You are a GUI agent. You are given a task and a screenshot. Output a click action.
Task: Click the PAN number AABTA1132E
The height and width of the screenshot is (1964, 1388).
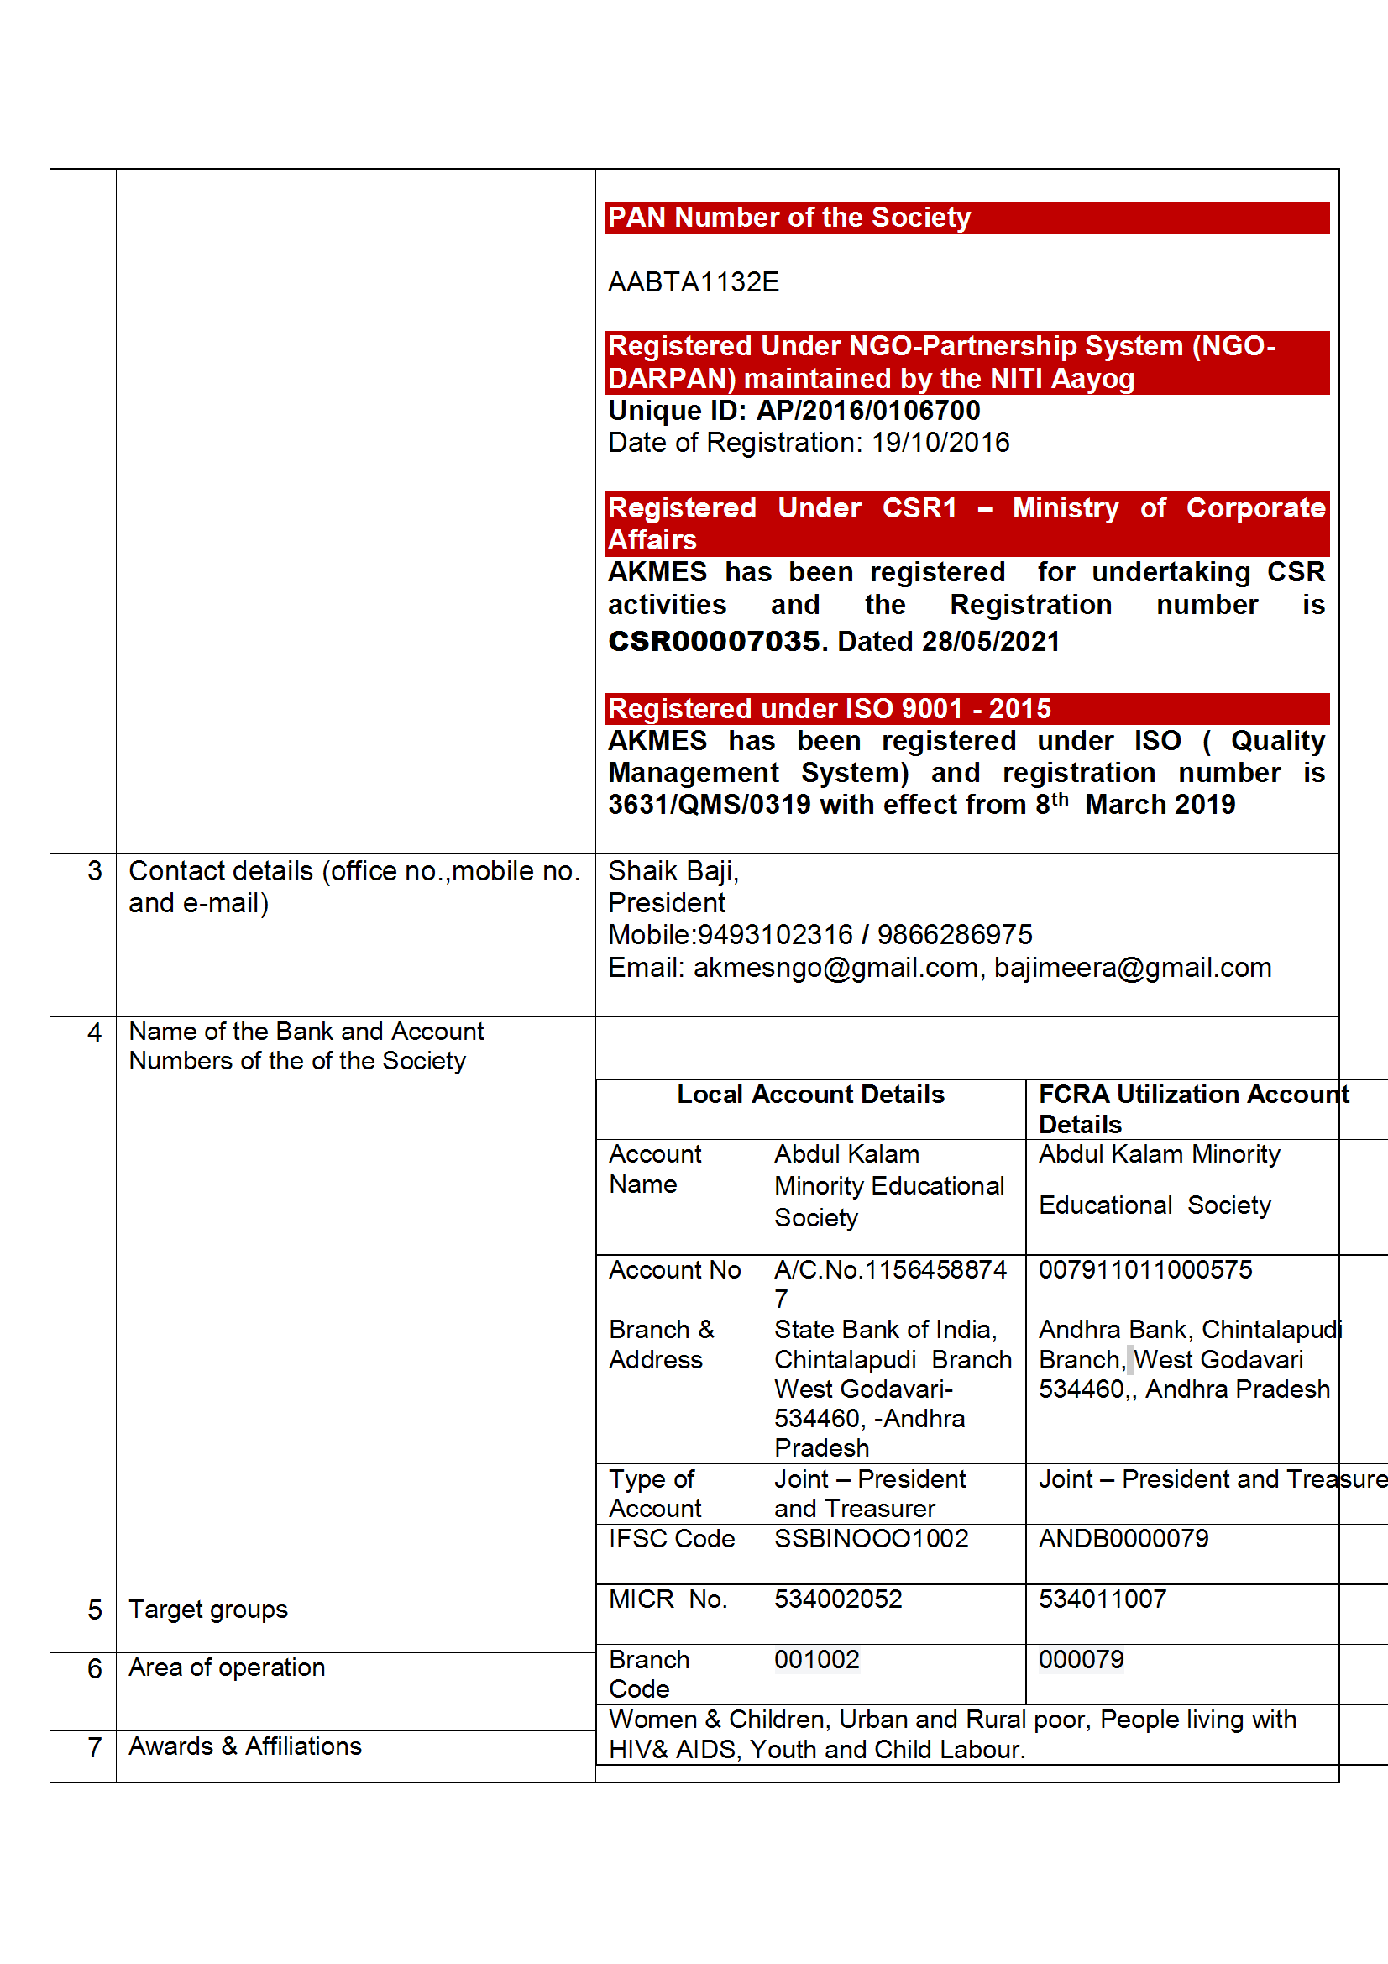coord(693,282)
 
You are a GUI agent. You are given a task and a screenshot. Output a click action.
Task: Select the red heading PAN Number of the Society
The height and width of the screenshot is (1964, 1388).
coord(788,218)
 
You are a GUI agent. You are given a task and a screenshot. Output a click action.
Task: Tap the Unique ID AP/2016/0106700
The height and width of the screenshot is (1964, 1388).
coord(867,411)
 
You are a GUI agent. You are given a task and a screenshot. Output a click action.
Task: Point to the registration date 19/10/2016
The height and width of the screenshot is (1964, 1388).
coord(940,443)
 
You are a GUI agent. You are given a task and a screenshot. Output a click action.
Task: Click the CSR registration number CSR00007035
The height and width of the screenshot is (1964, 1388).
coord(713,641)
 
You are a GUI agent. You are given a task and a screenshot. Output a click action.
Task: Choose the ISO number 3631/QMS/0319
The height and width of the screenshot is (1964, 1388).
coord(709,805)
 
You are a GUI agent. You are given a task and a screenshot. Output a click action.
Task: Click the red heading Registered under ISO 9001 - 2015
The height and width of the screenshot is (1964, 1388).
coord(829,708)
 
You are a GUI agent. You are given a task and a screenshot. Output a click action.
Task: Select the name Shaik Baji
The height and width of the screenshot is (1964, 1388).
coord(673,871)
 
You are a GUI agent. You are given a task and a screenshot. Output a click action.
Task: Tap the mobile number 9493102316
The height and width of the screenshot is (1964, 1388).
coord(775,935)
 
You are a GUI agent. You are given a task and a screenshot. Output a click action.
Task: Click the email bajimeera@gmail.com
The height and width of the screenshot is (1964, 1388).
coord(1132,968)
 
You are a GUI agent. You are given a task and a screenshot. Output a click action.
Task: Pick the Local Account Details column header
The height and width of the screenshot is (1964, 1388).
coord(810,1095)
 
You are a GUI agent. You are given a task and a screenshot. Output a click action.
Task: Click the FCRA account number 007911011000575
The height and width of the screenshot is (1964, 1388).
coord(1144,1269)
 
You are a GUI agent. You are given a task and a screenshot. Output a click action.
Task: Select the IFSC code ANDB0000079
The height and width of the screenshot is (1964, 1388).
coord(1123,1538)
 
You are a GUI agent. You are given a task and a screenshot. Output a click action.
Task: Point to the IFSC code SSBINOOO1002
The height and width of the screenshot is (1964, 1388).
coord(871,1538)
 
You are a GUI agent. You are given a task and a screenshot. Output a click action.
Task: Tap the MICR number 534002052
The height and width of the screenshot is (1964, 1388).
coord(838,1599)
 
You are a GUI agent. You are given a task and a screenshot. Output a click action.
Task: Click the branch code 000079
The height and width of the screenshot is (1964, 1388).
coord(1081,1659)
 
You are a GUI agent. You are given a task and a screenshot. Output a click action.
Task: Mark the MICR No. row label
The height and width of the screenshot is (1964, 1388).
coord(667,1599)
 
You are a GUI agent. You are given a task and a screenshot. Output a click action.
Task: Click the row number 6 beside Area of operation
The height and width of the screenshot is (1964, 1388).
coord(94,1668)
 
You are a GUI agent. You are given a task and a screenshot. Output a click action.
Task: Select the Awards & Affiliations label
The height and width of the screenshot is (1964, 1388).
coord(244,1746)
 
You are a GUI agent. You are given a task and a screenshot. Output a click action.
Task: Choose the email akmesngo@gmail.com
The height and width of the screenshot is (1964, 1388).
coord(835,968)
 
